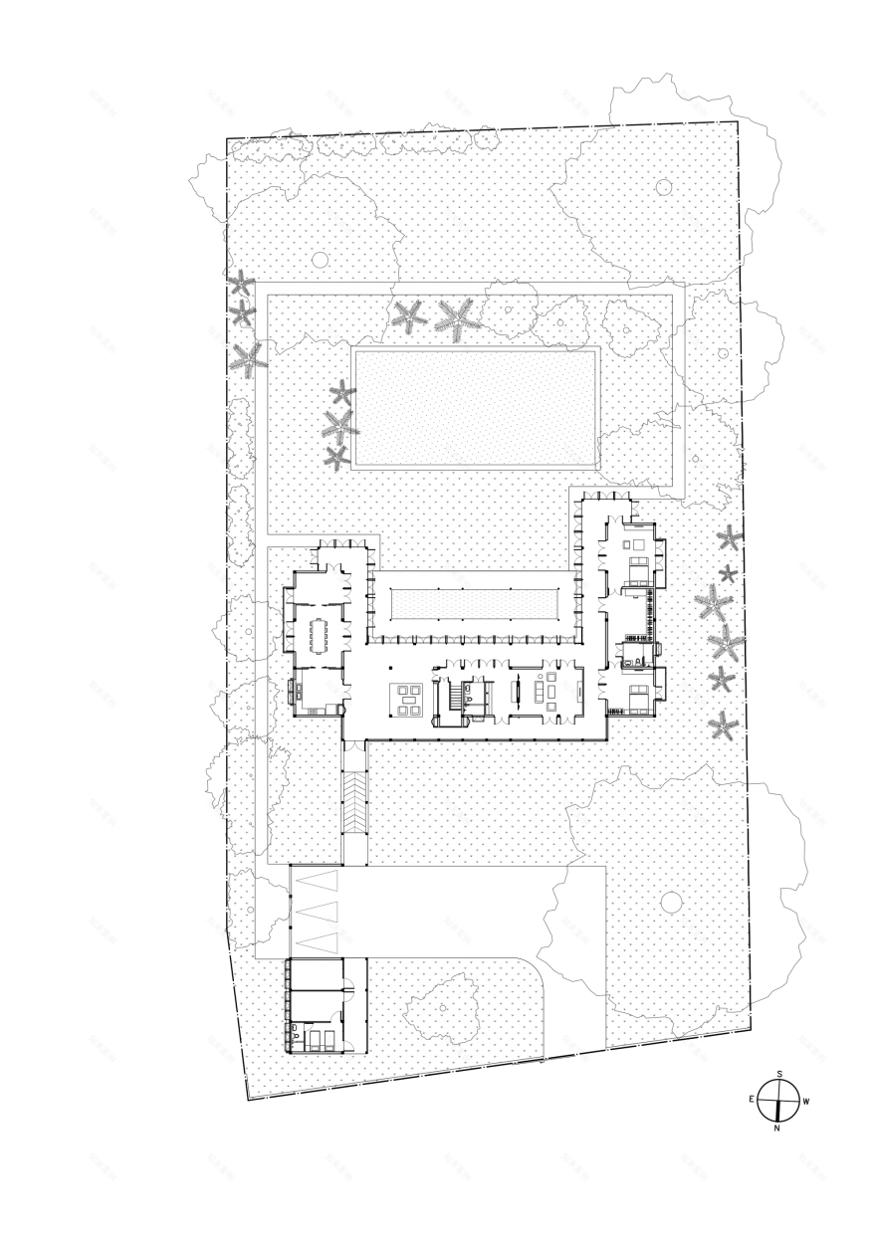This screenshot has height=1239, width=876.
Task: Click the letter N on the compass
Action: (776, 1129)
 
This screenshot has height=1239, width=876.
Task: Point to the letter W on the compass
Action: (805, 1102)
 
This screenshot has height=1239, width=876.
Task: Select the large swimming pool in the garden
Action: (477, 407)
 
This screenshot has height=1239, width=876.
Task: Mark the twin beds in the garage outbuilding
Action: (320, 1039)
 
